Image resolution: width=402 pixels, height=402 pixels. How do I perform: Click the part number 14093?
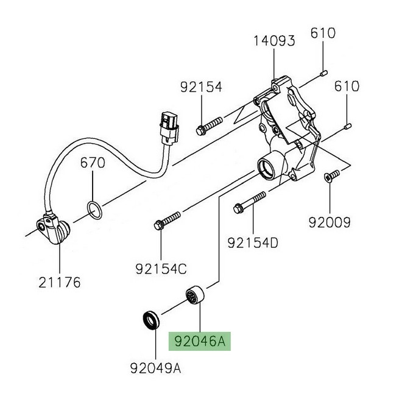pyautogui.click(x=275, y=41)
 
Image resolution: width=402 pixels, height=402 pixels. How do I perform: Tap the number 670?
pyautogui.click(x=93, y=163)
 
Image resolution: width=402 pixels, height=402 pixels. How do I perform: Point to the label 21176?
pyautogui.click(x=60, y=283)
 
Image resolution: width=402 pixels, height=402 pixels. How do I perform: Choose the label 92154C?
pyautogui.click(x=161, y=268)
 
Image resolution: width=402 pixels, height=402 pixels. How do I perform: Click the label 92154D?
pyautogui.click(x=253, y=244)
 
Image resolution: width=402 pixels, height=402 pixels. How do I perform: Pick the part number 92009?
pyautogui.click(x=330, y=223)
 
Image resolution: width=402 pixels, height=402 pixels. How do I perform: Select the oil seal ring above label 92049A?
pyautogui.click(x=150, y=319)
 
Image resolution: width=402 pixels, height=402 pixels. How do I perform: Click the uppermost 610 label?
pyautogui.click(x=323, y=33)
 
